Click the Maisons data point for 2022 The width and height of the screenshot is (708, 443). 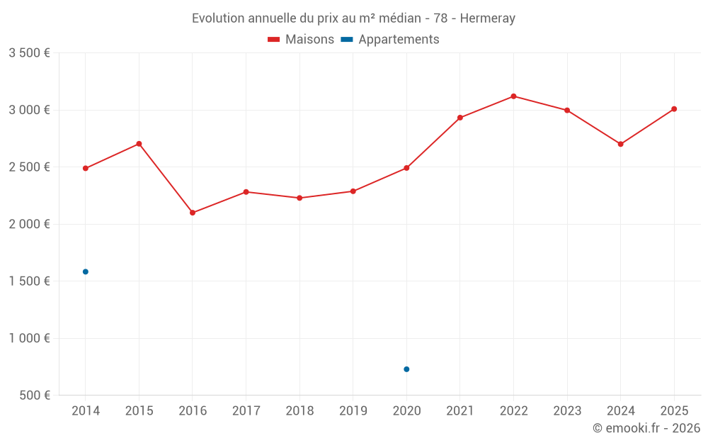[513, 96]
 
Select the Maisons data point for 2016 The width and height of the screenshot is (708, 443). [193, 213]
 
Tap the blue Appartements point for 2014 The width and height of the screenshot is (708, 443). [86, 271]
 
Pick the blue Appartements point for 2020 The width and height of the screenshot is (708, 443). [406, 369]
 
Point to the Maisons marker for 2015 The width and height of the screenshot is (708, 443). [139, 144]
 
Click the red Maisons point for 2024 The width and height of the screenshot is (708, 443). [620, 144]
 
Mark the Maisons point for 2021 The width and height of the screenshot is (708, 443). [460, 118]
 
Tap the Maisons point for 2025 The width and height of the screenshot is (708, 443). [674, 109]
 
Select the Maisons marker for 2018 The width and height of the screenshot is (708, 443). [299, 198]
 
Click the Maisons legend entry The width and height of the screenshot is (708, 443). [301, 40]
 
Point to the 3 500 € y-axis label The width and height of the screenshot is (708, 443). [29, 53]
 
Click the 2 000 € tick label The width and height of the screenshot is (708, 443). [29, 224]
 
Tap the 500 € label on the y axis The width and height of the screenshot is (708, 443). [33, 396]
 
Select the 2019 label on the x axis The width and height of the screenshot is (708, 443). [353, 411]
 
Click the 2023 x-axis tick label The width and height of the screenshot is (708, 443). [567, 411]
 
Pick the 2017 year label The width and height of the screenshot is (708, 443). [246, 411]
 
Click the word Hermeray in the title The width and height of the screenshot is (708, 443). [488, 18]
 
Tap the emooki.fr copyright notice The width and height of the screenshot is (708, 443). [646, 428]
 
